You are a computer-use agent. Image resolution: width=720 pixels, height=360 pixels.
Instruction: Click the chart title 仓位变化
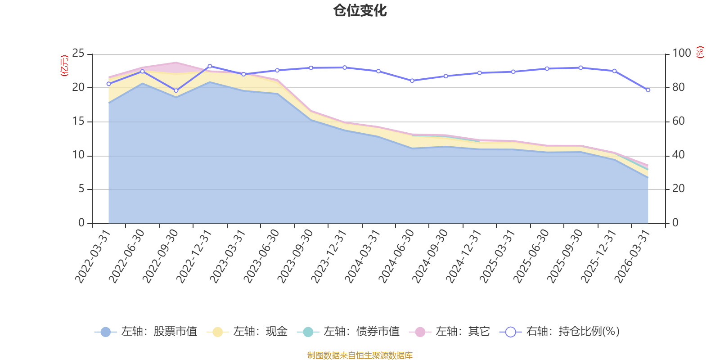(360, 10)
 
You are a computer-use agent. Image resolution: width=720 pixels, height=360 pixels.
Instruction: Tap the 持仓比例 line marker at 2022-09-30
(176, 91)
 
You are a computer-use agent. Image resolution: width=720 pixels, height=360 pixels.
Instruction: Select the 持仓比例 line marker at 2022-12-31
(210, 66)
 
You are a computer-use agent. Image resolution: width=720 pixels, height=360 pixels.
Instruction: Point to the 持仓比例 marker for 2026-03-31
(648, 90)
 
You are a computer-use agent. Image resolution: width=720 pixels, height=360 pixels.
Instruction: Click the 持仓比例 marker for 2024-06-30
(412, 81)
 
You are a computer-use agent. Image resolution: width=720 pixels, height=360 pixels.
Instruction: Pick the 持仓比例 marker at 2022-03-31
(108, 84)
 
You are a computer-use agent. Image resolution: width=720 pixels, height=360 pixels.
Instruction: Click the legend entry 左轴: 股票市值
(146, 332)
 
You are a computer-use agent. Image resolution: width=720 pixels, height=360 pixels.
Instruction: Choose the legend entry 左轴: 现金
(247, 332)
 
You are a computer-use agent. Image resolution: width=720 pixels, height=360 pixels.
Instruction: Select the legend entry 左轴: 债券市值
(348, 332)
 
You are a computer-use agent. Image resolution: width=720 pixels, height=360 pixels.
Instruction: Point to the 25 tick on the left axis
(78, 54)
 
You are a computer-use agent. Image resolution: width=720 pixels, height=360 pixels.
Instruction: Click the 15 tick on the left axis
(78, 121)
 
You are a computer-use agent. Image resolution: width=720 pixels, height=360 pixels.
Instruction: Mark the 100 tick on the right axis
(681, 54)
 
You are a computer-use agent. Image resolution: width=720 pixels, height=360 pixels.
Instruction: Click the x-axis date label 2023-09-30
(295, 256)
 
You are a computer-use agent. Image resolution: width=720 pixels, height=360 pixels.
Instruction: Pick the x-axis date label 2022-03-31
(93, 256)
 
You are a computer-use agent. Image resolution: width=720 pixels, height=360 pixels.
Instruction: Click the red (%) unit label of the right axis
(700, 52)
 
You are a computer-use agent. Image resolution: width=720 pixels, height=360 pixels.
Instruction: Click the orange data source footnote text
(360, 355)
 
